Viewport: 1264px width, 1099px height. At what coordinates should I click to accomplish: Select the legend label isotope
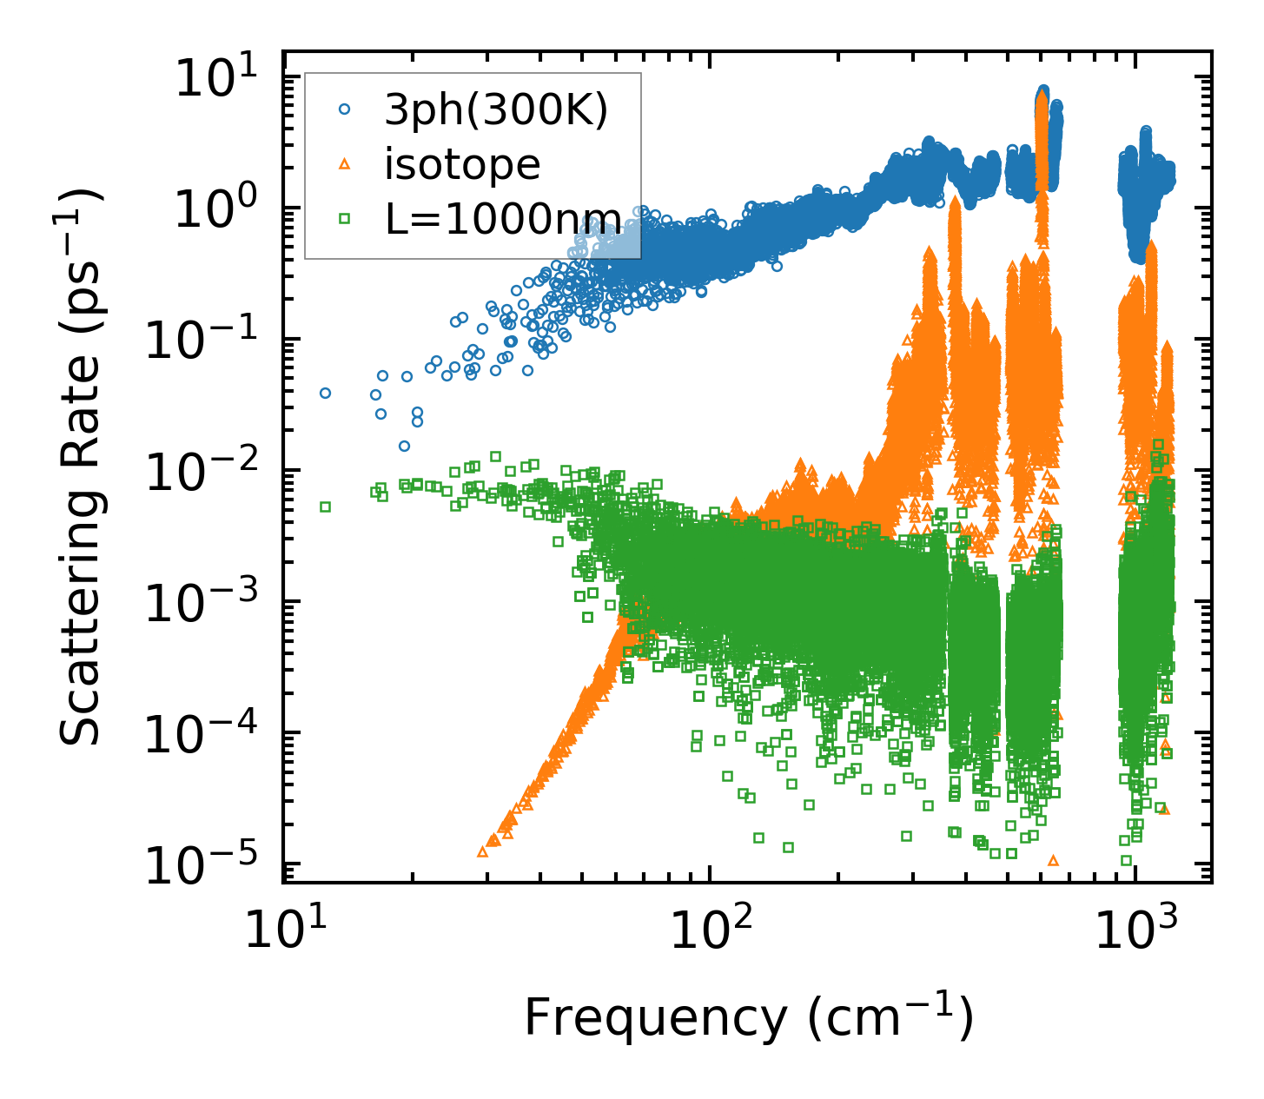pyautogui.click(x=463, y=164)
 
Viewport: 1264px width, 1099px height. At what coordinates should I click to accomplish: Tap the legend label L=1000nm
pyautogui.click(x=503, y=218)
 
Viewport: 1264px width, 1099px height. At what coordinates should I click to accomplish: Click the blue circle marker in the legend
pyautogui.click(x=345, y=110)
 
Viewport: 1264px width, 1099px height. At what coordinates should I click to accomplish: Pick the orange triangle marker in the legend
pyautogui.click(x=345, y=164)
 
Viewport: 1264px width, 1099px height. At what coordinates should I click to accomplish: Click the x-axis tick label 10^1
pyautogui.click(x=281, y=931)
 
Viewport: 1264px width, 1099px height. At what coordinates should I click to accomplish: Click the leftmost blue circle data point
pyautogui.click(x=325, y=393)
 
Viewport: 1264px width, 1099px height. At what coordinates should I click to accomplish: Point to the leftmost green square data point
pyautogui.click(x=325, y=506)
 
